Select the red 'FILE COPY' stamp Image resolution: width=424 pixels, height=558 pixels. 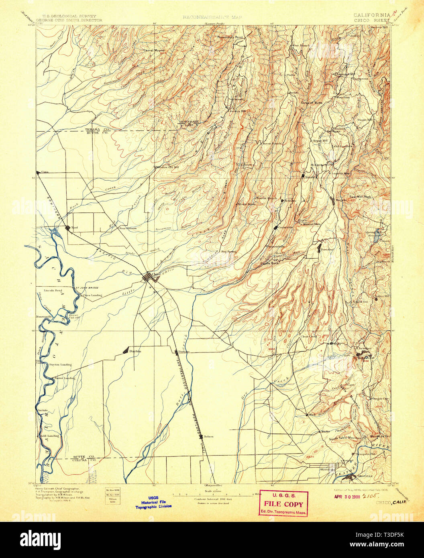coord(283,504)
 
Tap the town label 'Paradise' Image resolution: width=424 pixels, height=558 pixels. coord(328,249)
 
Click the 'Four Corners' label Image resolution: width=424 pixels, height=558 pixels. coord(128,228)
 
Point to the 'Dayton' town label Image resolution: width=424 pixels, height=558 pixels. coord(135,351)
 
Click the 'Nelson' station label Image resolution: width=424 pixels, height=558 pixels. coord(208,436)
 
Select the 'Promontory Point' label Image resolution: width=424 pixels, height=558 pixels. coord(230,37)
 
